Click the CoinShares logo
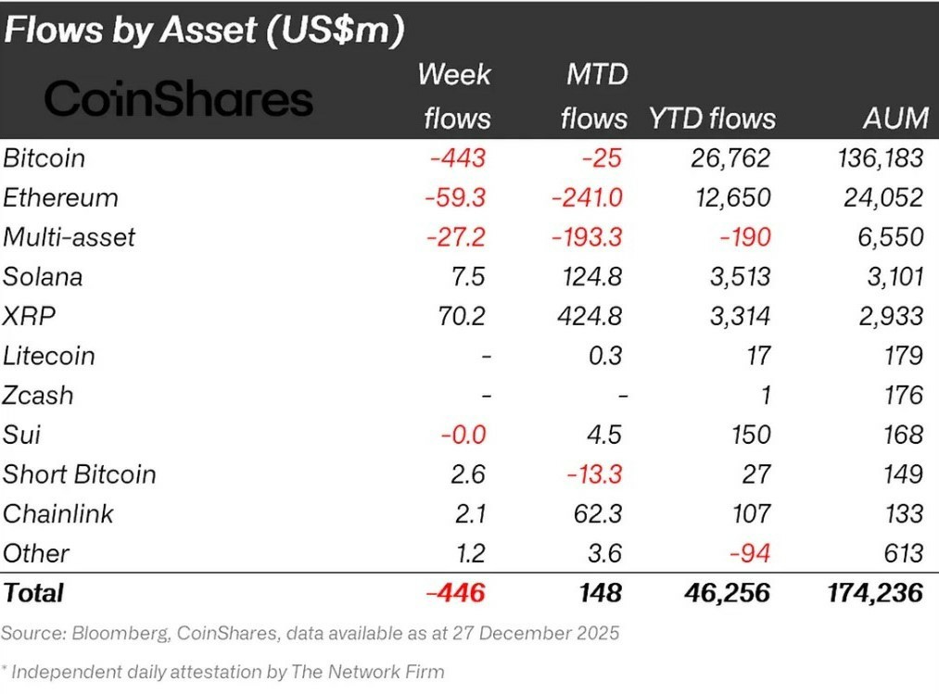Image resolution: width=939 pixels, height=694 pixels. click(179, 98)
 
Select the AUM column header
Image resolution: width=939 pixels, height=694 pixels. click(895, 118)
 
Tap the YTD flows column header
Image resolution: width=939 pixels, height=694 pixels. click(712, 118)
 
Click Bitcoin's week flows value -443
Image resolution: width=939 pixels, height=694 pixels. click(458, 158)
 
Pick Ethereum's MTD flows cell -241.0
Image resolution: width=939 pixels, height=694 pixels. click(587, 197)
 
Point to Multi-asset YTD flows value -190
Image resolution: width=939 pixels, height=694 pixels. click(745, 237)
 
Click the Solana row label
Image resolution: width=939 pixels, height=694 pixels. click(43, 277)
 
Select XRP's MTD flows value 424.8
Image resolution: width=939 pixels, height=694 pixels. click(590, 316)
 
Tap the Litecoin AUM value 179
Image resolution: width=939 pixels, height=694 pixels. click(904, 356)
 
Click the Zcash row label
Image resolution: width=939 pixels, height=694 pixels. click(38, 396)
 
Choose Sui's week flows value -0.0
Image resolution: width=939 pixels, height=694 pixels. click(463, 435)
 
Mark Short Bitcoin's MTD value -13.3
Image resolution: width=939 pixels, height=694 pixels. click(595, 474)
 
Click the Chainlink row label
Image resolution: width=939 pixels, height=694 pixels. click(57, 513)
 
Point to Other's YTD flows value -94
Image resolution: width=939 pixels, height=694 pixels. click(750, 553)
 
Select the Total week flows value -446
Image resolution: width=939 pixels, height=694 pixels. click(455, 593)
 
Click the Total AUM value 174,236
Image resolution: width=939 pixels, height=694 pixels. click(875, 593)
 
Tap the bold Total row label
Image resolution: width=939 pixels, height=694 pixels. click(33, 593)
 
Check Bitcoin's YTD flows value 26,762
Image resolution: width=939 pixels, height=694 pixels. click(730, 158)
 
